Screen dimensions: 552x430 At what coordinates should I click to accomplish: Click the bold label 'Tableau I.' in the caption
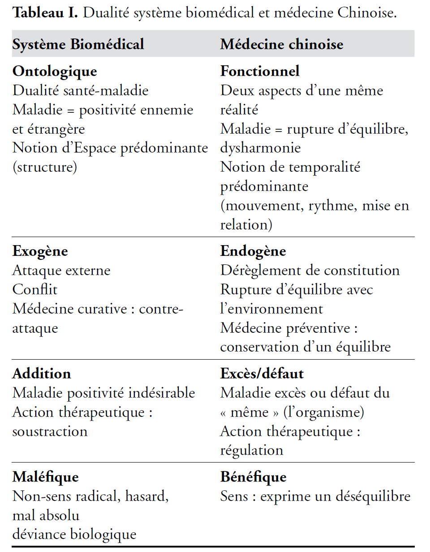45,13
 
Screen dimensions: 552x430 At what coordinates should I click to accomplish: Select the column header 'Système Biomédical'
78,44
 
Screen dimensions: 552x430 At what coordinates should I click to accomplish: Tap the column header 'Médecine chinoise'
282,44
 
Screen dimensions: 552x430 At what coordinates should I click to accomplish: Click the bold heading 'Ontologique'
55,72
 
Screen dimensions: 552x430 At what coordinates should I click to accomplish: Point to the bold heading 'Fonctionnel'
260,71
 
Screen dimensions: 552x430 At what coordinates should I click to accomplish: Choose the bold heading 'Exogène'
40,251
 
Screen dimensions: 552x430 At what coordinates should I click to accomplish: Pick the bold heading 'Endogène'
253,251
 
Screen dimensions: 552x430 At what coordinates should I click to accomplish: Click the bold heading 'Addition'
42,374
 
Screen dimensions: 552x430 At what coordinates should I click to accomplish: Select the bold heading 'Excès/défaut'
262,374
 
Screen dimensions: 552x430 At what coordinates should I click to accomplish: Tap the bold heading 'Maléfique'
46,477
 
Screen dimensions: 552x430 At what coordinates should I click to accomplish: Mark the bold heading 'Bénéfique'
254,477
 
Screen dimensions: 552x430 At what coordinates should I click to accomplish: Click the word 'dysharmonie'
260,148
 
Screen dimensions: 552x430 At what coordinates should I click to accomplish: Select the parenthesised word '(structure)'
45,167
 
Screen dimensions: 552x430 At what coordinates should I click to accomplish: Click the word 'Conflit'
35,290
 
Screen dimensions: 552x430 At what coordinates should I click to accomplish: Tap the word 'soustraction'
50,432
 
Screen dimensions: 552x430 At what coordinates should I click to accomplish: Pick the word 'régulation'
252,450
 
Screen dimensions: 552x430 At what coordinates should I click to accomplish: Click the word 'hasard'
146,497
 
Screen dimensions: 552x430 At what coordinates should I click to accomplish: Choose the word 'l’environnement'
271,309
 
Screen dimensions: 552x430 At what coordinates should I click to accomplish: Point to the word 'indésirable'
162,393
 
